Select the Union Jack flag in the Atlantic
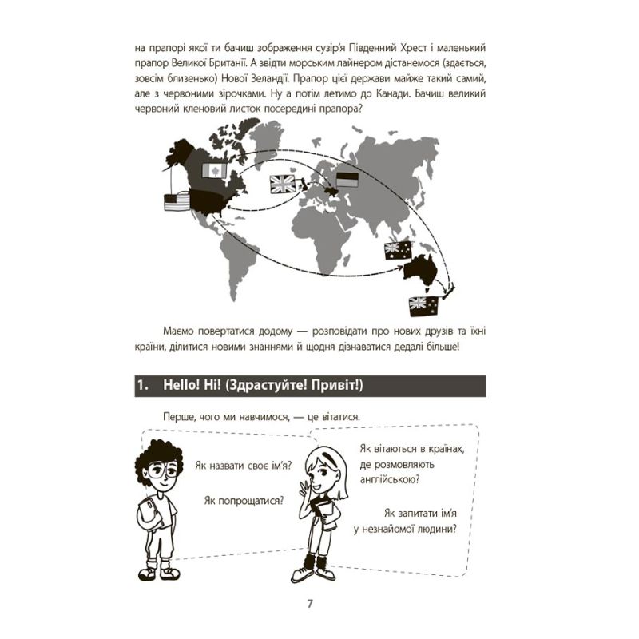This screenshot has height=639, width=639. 284,184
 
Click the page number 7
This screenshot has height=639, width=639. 310,602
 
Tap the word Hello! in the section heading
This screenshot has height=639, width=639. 185,385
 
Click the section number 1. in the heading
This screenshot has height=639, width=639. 144,385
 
